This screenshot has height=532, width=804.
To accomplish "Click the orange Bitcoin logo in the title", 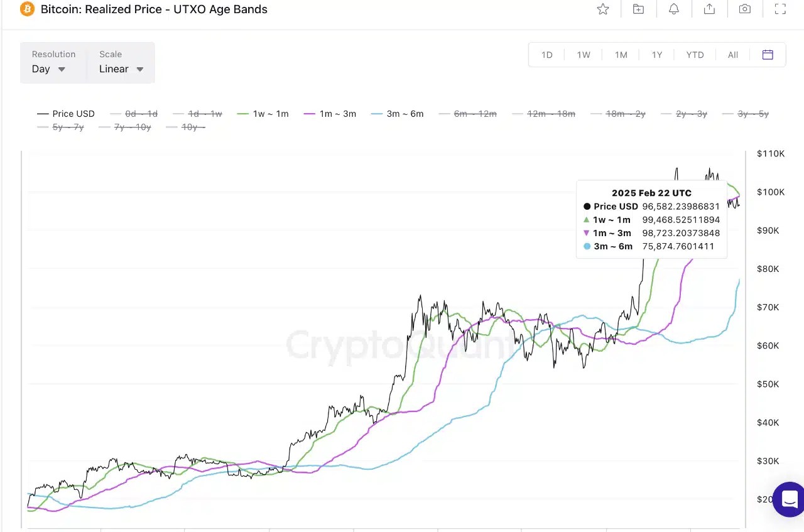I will point(27,9).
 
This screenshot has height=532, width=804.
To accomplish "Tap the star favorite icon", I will point(603,9).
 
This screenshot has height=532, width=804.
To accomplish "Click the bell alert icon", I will point(674,9).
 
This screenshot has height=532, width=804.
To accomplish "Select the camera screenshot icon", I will point(745,9).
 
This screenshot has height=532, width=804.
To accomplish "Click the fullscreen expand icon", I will point(780,9).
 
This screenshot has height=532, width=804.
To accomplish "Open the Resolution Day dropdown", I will point(49,63).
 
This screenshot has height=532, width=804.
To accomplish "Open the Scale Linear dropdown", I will point(121,63).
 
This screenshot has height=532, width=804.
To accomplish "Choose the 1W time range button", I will point(584,55).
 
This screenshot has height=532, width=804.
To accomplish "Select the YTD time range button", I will point(695,55).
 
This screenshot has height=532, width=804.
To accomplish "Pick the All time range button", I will point(732,55).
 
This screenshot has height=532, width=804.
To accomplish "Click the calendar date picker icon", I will point(768,55).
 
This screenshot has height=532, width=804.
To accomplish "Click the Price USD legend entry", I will point(67,114).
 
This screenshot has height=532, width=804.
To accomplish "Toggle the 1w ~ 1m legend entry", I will point(263,114).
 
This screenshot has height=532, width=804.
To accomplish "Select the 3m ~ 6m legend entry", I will point(398,114).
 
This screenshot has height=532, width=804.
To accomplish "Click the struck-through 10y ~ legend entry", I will point(185,127).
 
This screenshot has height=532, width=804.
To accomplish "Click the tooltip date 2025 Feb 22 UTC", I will point(651,193).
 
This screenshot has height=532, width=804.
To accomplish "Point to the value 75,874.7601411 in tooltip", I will point(678,246).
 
